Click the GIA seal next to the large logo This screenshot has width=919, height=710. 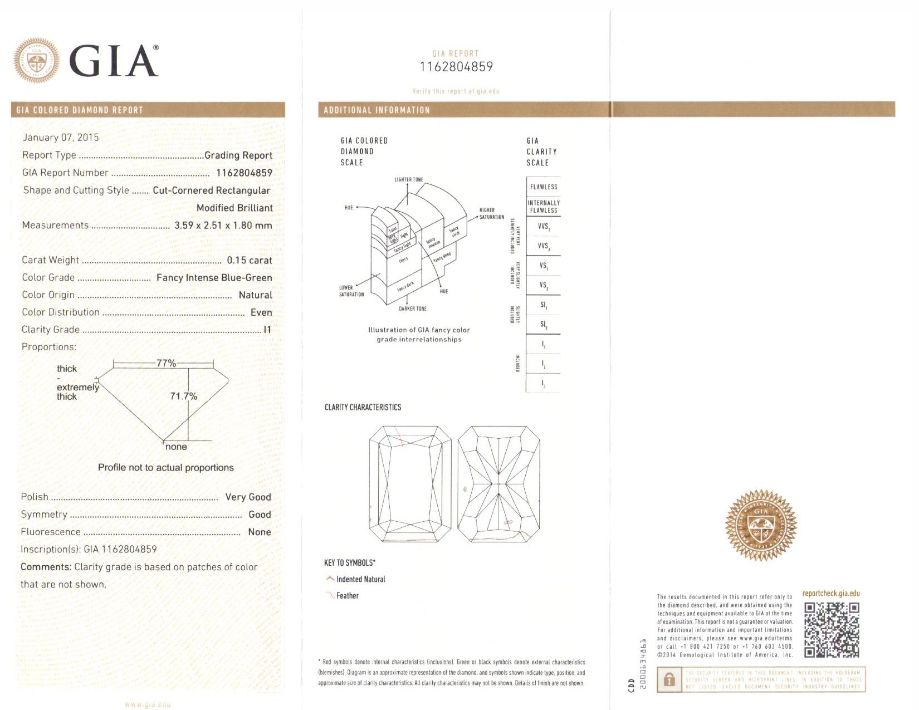pyautogui.click(x=37, y=60)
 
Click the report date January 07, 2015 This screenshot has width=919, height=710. pyautogui.click(x=61, y=138)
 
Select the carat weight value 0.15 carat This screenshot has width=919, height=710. pyautogui.click(x=249, y=260)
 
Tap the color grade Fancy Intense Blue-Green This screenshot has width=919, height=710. pyautogui.click(x=214, y=277)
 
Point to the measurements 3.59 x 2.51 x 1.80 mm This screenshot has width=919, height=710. pyautogui.click(x=223, y=226)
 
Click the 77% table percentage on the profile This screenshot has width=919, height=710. pyautogui.click(x=166, y=363)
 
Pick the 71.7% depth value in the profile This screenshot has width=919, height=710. pyautogui.click(x=183, y=396)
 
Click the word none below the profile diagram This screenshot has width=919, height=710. pyautogui.click(x=176, y=447)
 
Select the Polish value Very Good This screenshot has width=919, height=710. pyautogui.click(x=248, y=497)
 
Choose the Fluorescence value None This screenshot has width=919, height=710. pyautogui.click(x=260, y=532)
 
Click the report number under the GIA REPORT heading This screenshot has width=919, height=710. pyautogui.click(x=456, y=67)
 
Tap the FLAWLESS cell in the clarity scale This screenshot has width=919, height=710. pyautogui.click(x=544, y=187)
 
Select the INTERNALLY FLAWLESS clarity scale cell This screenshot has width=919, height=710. pyautogui.click(x=544, y=207)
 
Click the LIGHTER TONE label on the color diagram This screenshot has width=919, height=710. pyautogui.click(x=409, y=180)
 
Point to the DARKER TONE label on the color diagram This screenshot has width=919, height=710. pyautogui.click(x=413, y=309)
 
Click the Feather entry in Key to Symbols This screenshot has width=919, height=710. pyautogui.click(x=348, y=596)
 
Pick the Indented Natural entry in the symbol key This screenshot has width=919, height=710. pyautogui.click(x=360, y=579)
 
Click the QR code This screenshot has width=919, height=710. pyautogui.click(x=832, y=630)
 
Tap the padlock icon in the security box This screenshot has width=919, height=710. pyautogui.click(x=669, y=679)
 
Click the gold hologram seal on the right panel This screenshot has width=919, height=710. pyautogui.click(x=761, y=525)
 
